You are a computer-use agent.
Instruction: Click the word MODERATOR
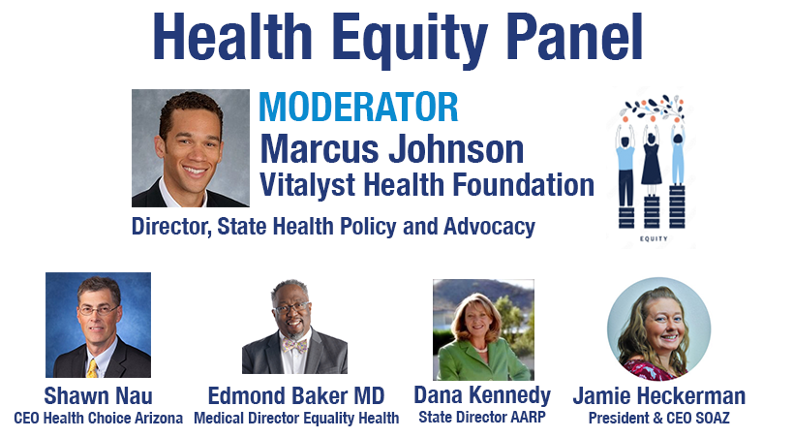[x=358, y=107]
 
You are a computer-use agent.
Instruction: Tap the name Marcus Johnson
[x=392, y=149]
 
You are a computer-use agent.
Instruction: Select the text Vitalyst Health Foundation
[x=427, y=185]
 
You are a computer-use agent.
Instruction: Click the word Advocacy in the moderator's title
[x=489, y=227]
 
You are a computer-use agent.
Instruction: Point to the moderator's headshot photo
[x=191, y=148]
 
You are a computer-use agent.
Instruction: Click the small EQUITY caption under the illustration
[x=654, y=239]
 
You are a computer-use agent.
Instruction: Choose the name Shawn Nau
[x=98, y=395]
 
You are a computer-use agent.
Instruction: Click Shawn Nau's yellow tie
[x=92, y=368]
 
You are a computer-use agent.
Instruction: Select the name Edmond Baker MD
[x=296, y=395]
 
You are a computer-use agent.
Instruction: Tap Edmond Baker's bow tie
[x=295, y=346]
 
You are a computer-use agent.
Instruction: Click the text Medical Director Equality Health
[x=296, y=419]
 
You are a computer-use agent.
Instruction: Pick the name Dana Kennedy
[x=482, y=395]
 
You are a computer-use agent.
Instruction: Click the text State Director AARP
[x=482, y=418]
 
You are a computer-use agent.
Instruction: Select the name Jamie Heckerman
[x=659, y=395]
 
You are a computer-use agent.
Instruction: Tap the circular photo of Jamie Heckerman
[x=659, y=328]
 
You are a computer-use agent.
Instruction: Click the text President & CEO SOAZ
[x=659, y=419]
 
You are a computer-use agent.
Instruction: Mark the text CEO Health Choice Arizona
[x=98, y=419]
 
